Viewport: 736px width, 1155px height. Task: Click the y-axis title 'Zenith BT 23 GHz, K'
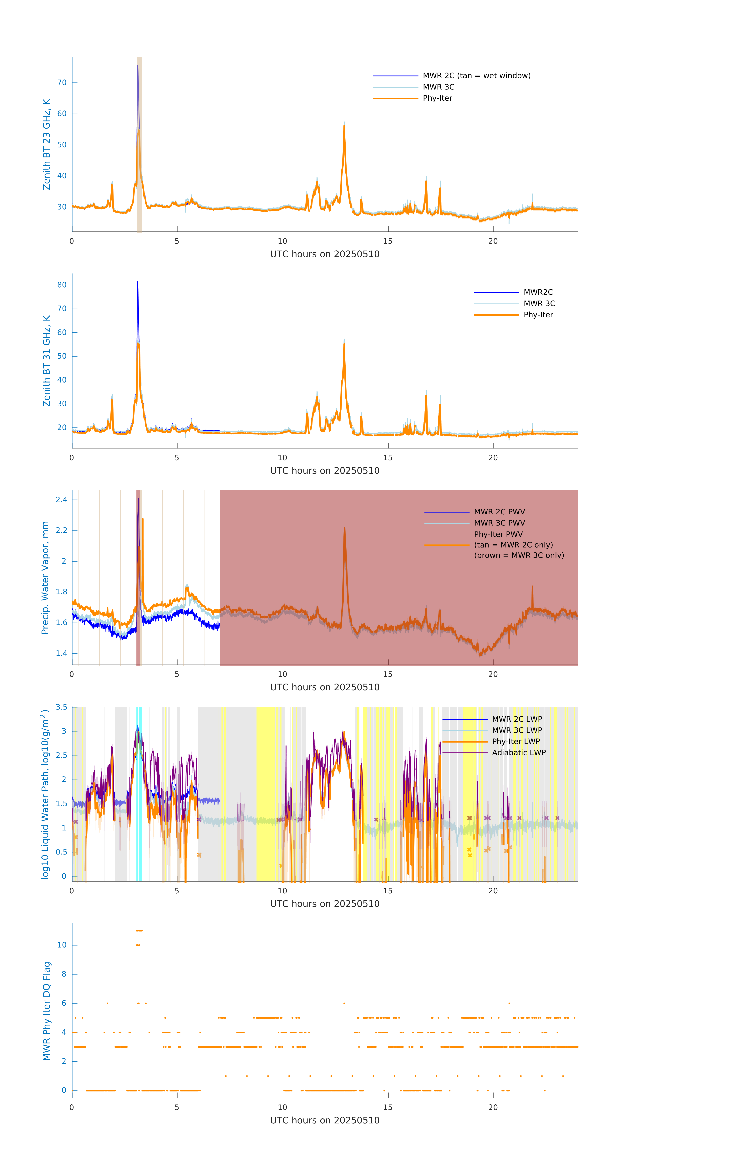tap(47, 144)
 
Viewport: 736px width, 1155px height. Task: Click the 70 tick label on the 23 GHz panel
tap(62, 83)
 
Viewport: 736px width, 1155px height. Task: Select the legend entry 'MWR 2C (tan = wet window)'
tap(476, 76)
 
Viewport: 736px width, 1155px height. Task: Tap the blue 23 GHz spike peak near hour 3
tap(138, 66)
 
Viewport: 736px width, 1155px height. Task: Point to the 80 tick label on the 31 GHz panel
tap(62, 285)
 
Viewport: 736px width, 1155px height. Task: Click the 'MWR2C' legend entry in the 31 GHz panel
tap(538, 292)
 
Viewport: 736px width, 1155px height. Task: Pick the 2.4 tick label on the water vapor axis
tap(61, 500)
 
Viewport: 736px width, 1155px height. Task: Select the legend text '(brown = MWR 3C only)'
tap(519, 555)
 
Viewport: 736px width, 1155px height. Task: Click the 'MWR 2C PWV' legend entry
tap(499, 512)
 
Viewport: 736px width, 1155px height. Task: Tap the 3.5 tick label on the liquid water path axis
tap(61, 707)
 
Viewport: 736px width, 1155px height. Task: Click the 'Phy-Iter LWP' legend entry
tap(515, 742)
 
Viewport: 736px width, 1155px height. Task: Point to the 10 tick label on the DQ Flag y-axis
tap(62, 945)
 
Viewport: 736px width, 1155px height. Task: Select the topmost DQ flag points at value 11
tap(139, 931)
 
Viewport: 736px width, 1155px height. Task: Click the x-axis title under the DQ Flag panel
tap(325, 1121)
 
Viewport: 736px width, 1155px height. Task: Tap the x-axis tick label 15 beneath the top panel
tap(387, 241)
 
